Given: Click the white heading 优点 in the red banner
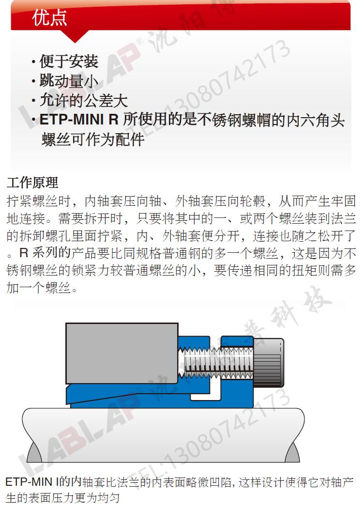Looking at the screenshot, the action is click(49, 17).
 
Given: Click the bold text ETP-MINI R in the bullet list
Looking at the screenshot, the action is click(79, 120).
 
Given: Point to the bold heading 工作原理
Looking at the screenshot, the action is click(32, 183).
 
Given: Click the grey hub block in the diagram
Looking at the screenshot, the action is click(122, 354).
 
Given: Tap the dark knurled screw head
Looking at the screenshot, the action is click(268, 362).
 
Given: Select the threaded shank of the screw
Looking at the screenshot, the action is click(216, 362).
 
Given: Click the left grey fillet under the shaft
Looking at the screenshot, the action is click(34, 452).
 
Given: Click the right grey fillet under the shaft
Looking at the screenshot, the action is click(292, 452).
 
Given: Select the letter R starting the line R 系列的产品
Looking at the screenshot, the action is click(24, 253).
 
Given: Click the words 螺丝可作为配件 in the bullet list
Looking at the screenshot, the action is click(93, 139).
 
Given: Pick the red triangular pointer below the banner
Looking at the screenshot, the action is click(75, 36).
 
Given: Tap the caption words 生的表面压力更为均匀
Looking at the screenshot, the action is click(62, 498).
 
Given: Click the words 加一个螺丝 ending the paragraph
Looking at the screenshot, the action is click(39, 287).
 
